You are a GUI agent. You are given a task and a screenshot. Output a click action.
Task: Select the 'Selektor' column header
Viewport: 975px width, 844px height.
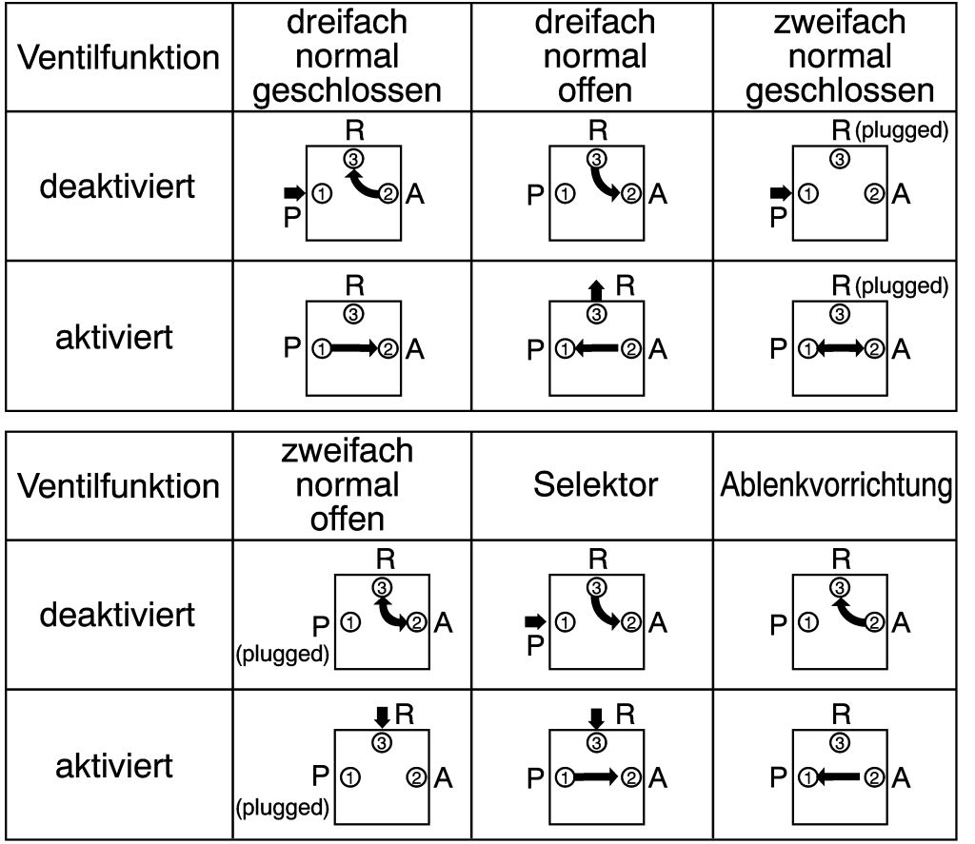point(595,485)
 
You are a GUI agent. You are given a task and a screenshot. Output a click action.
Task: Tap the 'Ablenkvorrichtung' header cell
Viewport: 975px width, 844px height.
point(836,485)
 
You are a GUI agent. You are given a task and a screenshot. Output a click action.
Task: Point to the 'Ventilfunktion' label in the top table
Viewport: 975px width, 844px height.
point(118,57)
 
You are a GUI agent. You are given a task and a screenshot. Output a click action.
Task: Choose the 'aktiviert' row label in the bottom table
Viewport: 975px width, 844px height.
point(115,766)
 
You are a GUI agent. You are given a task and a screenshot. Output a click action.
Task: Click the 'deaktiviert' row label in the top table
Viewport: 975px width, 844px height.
point(116,186)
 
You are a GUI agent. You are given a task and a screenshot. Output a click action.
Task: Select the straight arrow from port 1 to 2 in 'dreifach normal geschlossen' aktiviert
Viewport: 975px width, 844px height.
point(354,349)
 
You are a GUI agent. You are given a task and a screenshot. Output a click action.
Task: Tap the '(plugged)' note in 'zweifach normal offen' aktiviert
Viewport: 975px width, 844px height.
point(281,809)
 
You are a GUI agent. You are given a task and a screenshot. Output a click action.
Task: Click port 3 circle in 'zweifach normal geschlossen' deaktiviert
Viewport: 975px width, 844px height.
point(840,159)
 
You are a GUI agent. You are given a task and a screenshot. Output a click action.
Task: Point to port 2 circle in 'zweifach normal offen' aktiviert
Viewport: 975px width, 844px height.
point(417,778)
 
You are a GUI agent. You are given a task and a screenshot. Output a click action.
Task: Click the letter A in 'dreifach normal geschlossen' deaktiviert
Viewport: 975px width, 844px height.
point(415,195)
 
